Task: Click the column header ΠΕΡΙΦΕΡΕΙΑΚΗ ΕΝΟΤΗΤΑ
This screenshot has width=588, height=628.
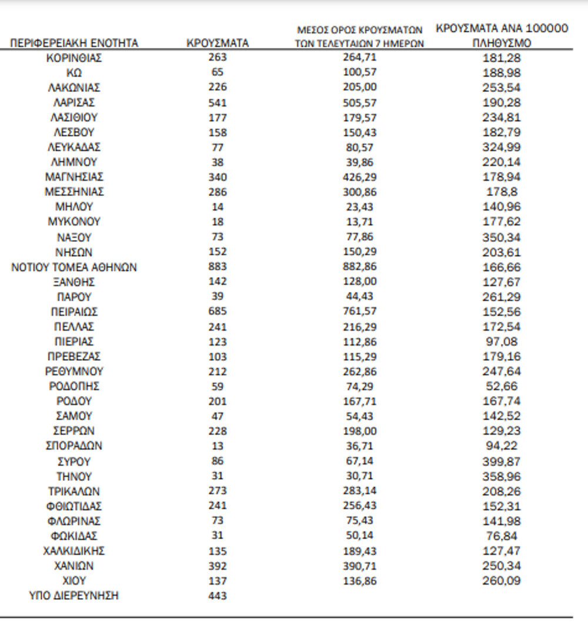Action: pos(74,43)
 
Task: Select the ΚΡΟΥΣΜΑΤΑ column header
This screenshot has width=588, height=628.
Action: pos(217,43)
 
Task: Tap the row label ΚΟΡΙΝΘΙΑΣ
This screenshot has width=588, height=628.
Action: pos(74,58)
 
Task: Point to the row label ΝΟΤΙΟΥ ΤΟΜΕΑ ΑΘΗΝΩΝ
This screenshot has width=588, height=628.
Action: pos(74,267)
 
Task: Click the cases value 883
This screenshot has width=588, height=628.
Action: pos(217,267)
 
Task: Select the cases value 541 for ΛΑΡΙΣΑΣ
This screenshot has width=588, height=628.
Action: pos(217,102)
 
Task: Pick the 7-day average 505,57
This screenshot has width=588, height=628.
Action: pos(359,102)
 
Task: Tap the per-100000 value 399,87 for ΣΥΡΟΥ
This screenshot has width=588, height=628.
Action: pos(502,461)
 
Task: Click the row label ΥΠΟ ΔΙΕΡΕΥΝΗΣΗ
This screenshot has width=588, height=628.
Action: pos(74,596)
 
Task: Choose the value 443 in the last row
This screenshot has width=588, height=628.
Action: pos(217,596)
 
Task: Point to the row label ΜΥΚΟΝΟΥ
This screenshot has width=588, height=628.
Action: pos(74,222)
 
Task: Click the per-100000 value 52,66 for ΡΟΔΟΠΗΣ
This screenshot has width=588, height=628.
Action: pos(502,387)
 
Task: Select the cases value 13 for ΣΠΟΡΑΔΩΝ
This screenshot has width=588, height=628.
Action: pos(217,446)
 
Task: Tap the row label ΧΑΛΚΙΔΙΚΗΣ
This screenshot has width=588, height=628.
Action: pos(74,551)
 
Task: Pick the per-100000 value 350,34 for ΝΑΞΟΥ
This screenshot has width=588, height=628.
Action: pos(502,237)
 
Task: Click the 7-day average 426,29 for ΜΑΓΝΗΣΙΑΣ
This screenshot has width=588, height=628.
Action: pos(359,177)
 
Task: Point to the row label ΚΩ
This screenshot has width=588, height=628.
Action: pos(74,72)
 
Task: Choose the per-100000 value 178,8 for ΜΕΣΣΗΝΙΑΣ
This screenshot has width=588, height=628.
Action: pos(502,192)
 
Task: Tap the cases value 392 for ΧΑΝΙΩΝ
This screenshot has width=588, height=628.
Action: pos(217,566)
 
